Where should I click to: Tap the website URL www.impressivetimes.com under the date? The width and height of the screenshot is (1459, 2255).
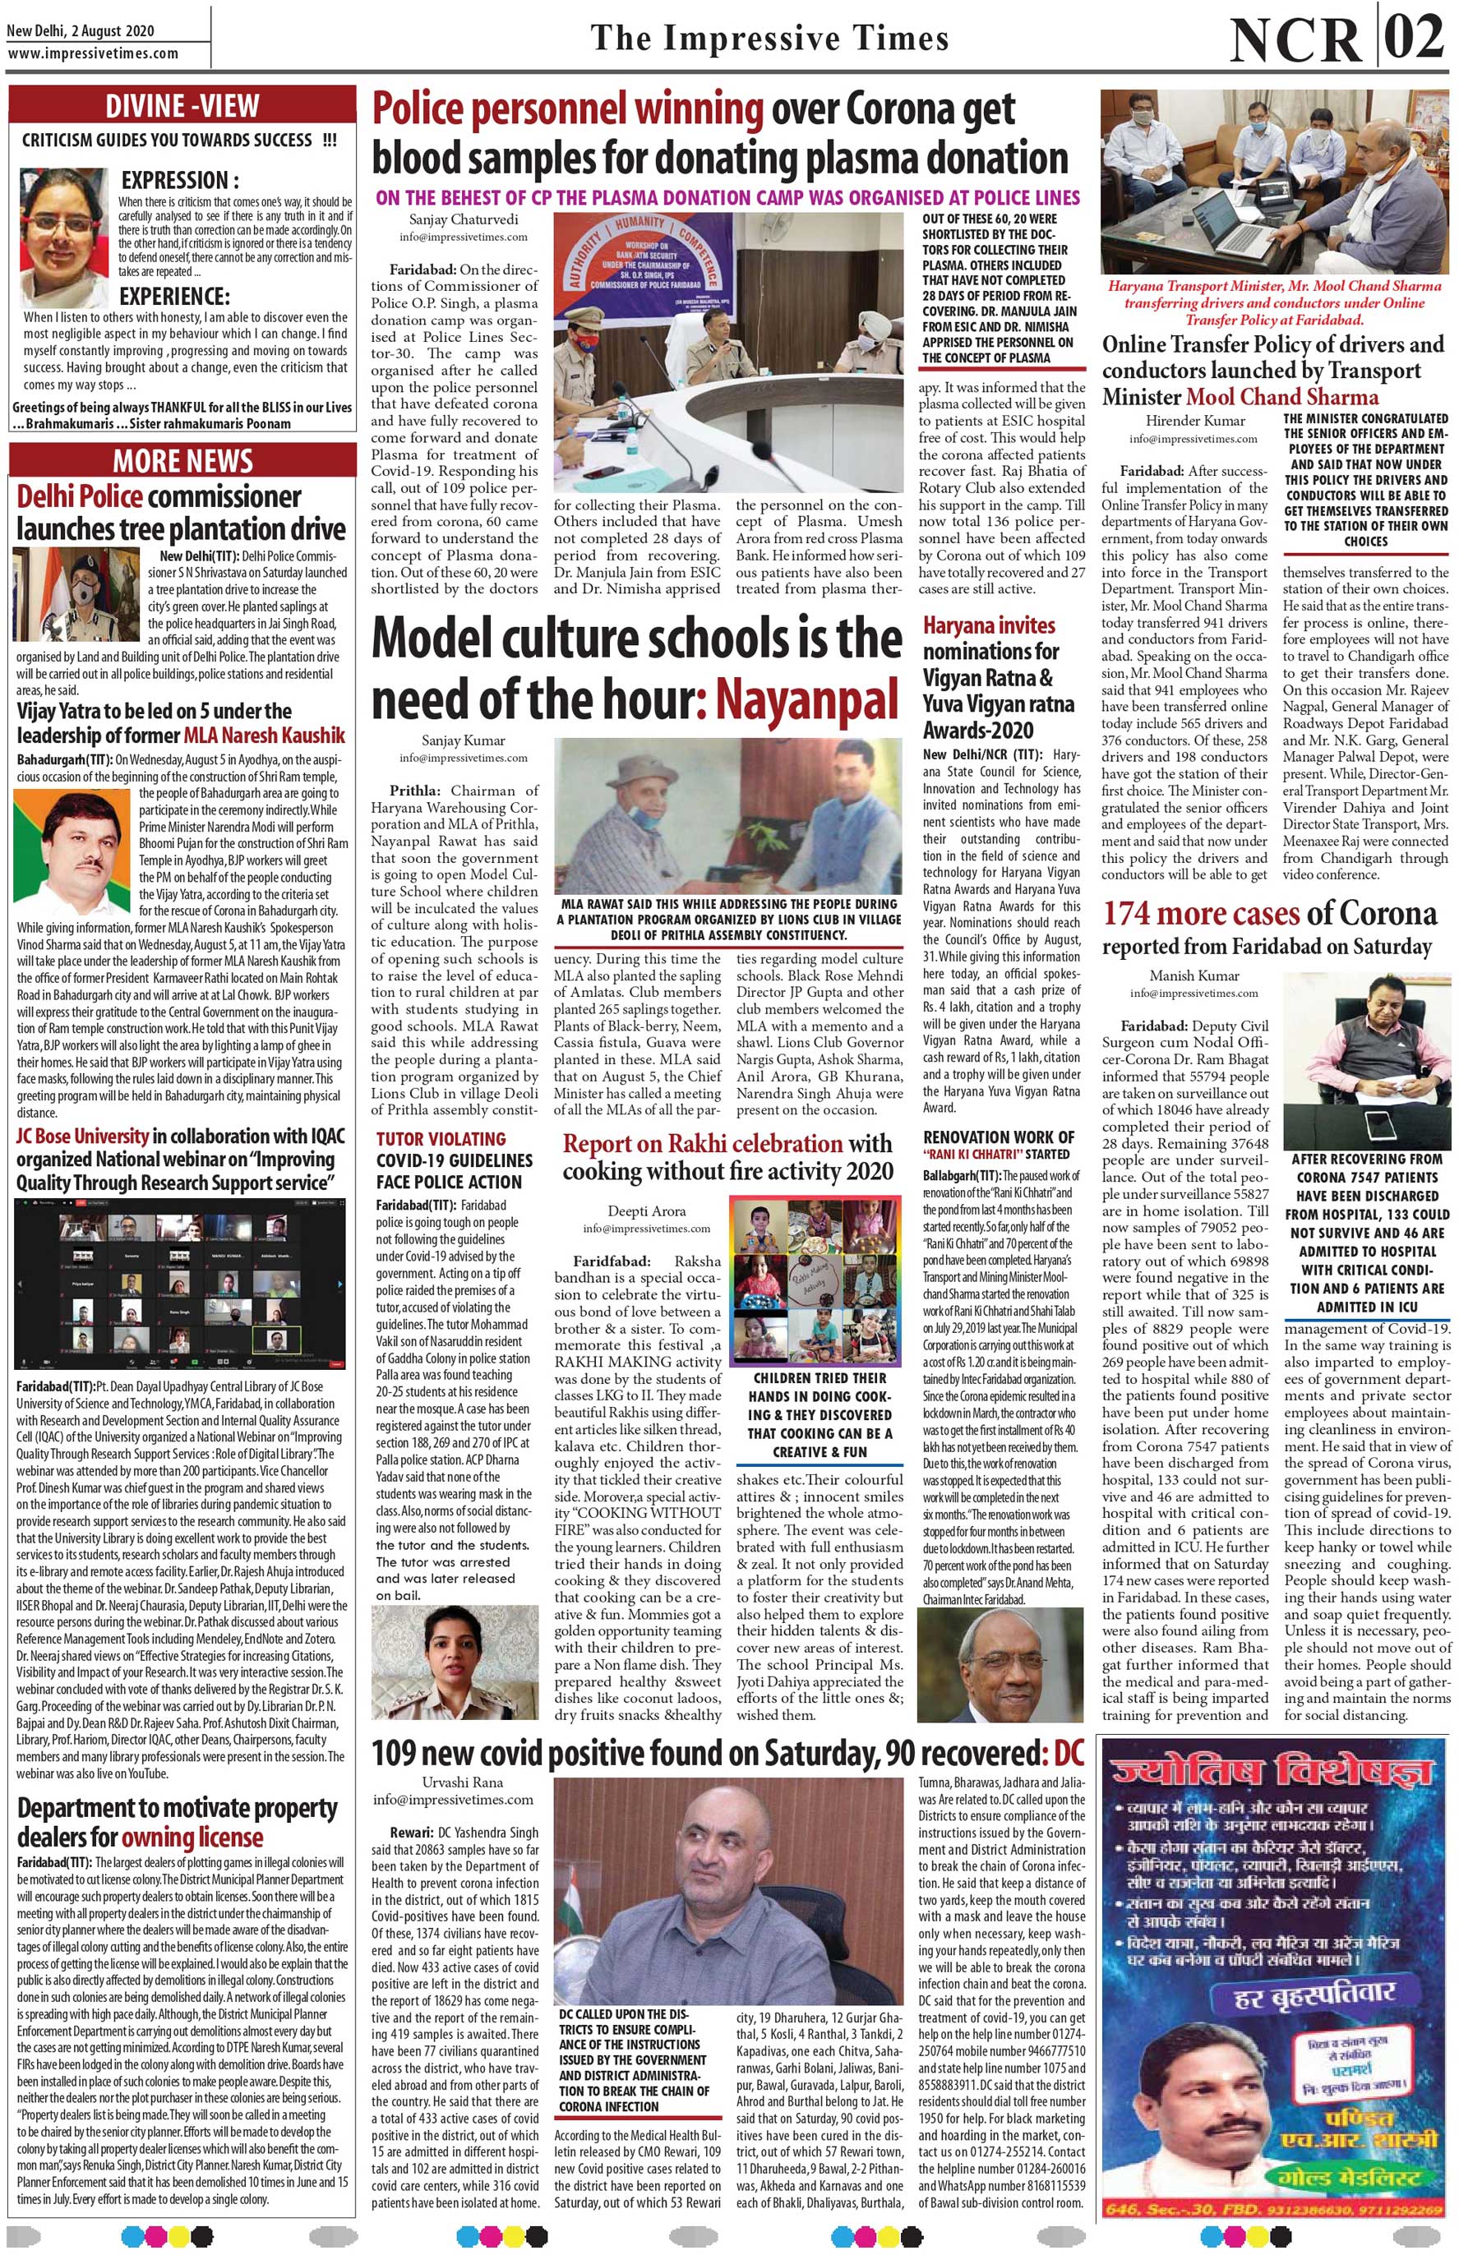coord(92,54)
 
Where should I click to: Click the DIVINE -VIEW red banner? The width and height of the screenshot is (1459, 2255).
coord(182,106)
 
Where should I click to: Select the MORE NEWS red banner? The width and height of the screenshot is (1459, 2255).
coord(182,461)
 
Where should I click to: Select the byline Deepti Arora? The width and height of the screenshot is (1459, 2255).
coord(640,1211)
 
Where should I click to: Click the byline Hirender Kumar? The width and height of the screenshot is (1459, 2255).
coord(1193,420)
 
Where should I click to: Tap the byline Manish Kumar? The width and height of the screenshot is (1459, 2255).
coord(1193,975)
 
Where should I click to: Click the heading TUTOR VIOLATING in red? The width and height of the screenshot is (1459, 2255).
coord(441,1139)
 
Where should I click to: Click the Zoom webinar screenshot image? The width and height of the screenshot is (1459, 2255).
coord(182,1282)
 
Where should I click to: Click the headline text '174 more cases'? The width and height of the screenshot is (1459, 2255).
coord(1199,914)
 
